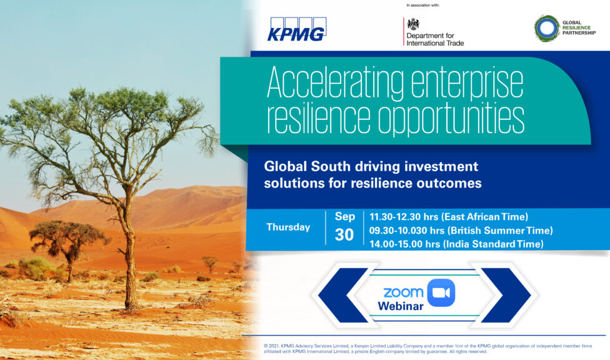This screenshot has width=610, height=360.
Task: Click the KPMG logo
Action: [x=297, y=29]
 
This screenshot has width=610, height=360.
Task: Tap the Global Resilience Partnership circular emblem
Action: [x=547, y=28]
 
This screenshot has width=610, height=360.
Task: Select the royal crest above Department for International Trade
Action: [x=412, y=24]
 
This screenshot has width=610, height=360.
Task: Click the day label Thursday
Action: [x=288, y=227]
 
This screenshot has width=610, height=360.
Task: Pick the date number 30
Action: [x=344, y=234]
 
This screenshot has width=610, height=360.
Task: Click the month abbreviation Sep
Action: [x=345, y=216]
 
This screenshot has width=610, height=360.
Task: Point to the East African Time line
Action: [x=449, y=217]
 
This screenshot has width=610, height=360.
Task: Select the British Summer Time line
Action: [x=461, y=231]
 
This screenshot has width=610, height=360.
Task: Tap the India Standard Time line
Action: [x=456, y=244]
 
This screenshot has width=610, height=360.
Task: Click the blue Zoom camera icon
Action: [x=441, y=292]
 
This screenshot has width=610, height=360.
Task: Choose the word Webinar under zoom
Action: [x=401, y=306]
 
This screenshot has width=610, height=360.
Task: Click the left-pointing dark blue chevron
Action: [x=343, y=295]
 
